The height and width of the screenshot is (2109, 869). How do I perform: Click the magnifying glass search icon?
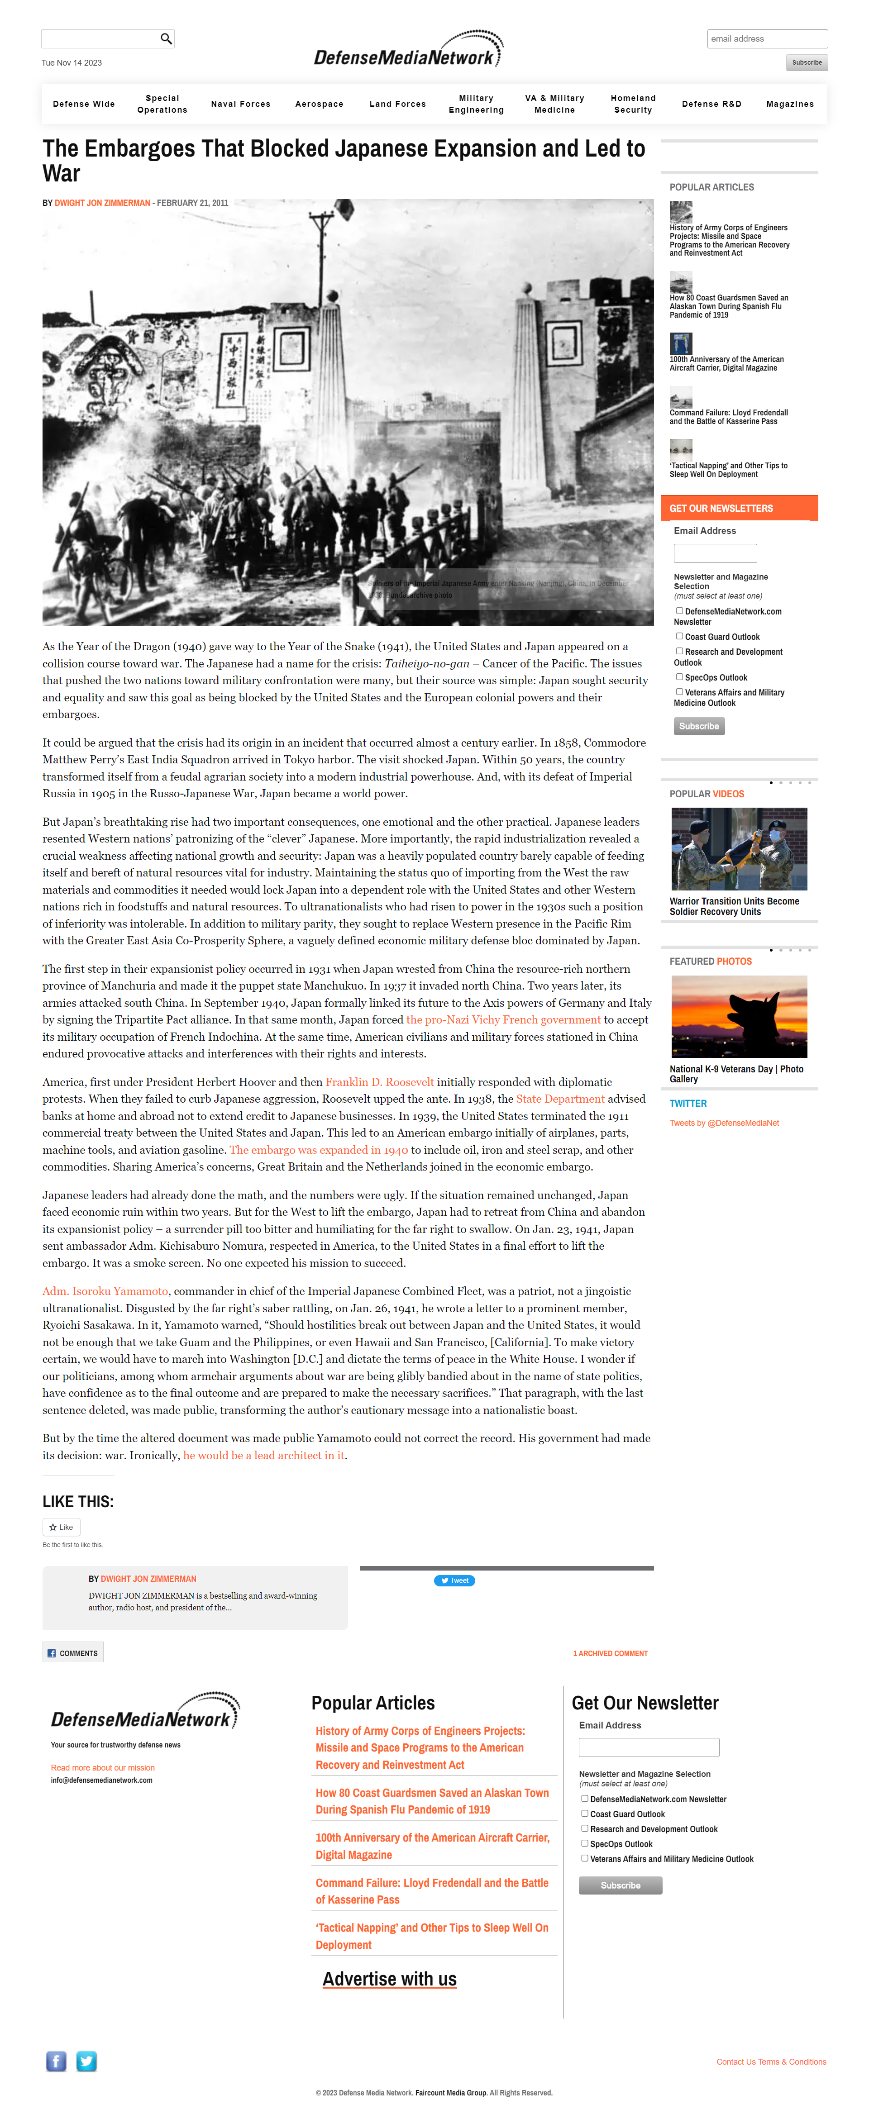(x=166, y=38)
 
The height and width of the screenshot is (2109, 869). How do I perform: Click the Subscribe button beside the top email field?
(x=806, y=63)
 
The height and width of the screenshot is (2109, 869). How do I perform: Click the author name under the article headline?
(x=102, y=203)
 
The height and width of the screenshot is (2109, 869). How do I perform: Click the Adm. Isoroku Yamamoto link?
(x=105, y=1291)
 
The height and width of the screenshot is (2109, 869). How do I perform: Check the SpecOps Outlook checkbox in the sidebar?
(x=679, y=677)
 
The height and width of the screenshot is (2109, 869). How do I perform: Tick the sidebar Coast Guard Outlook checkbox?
(x=679, y=636)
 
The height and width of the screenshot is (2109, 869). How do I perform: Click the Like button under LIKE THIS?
(x=62, y=1527)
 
